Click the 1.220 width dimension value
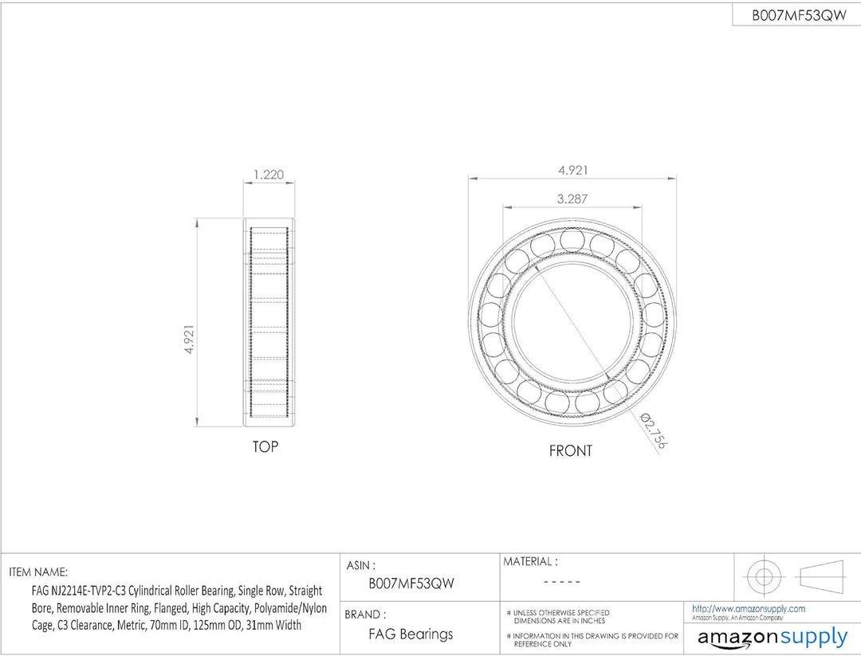click(269, 175)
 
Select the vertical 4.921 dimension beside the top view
click(189, 340)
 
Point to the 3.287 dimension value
click(572, 198)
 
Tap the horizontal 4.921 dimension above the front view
click(573, 170)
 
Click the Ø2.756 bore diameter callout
click(654, 431)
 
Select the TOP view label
click(265, 447)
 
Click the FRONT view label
click(571, 450)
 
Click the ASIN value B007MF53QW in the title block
click(411, 583)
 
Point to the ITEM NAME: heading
click(38, 572)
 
